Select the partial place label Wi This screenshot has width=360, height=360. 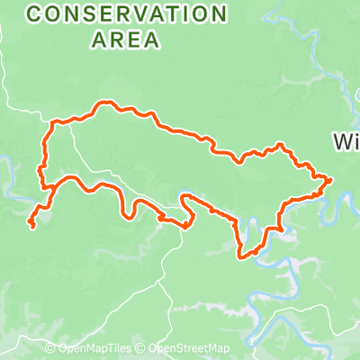coord(346,141)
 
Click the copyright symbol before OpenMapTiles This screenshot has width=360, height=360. coord(51,349)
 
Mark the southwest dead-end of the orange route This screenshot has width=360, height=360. coord(31,223)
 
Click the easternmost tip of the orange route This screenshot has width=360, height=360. coord(331,180)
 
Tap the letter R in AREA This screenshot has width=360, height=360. coord(114,39)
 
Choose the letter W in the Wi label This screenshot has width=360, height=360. coord(343,141)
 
